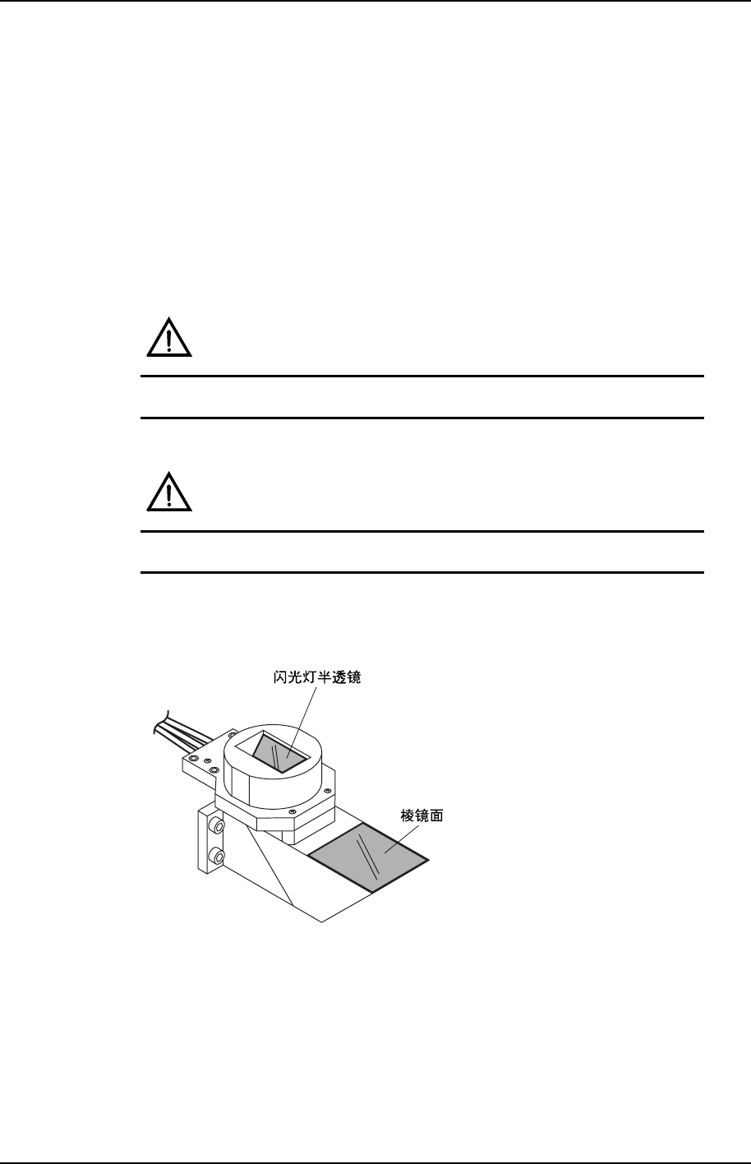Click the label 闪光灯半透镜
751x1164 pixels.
click(x=316, y=679)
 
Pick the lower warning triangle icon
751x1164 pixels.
click(x=169, y=493)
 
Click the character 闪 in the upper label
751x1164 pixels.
click(x=279, y=679)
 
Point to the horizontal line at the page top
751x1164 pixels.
click(x=375, y=1)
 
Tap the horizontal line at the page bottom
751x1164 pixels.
click(x=375, y=1162)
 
